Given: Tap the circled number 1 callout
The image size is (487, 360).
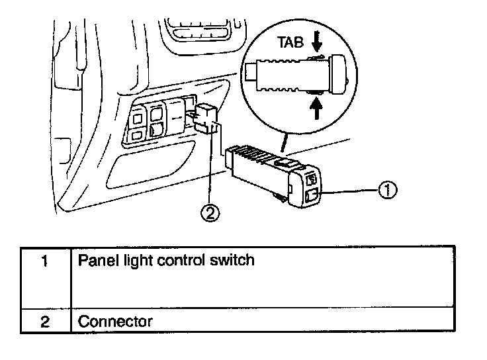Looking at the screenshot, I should pyautogui.click(x=388, y=191).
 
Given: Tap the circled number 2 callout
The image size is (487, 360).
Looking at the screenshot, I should pyautogui.click(x=210, y=213).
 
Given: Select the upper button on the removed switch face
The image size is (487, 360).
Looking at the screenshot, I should pyautogui.click(x=312, y=178).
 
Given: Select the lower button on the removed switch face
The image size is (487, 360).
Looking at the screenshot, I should pyautogui.click(x=313, y=195).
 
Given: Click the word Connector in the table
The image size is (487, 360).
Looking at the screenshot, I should pyautogui.click(x=116, y=322).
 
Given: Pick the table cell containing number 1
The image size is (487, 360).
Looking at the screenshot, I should pyautogui.click(x=44, y=278).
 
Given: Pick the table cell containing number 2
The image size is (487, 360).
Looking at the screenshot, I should pyautogui.click(x=44, y=322).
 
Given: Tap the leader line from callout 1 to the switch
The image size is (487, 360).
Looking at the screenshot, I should pyautogui.click(x=351, y=191).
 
